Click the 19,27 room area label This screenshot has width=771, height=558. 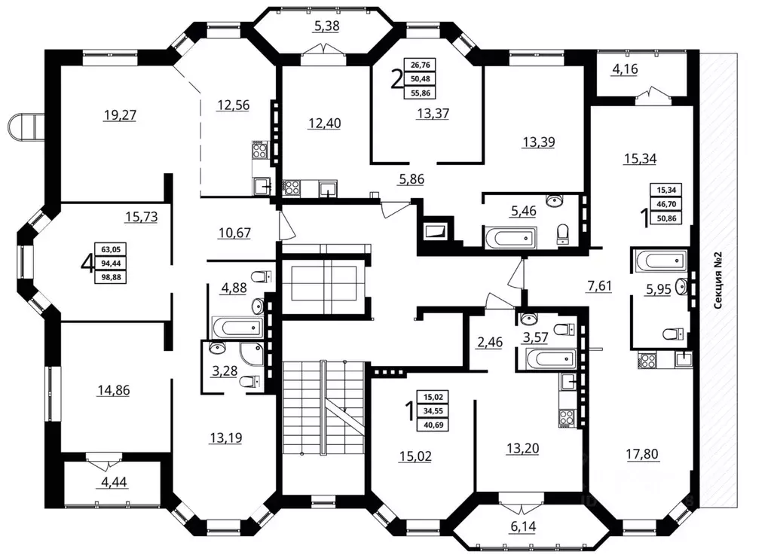120,115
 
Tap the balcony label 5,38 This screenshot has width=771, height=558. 326,26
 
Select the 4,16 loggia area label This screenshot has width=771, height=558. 625,69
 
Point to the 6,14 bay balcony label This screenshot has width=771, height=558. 523,526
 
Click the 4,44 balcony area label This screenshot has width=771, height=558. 114,482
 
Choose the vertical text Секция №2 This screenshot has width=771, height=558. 718,280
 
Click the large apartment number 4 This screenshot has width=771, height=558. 87,264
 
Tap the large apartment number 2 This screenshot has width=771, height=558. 396,79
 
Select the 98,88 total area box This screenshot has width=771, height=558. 111,278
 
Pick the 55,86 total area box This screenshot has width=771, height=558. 420,93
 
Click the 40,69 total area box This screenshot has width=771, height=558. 433,425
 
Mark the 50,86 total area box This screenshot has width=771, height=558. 666,218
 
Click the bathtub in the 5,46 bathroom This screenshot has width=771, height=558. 510,238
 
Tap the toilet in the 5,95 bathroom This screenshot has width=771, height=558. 674,334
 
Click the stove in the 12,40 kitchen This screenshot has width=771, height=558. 291,188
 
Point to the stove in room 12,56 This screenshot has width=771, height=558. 259,150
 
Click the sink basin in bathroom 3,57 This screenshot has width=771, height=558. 528,319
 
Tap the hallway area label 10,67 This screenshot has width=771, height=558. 234,233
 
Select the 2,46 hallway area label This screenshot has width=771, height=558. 490,342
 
